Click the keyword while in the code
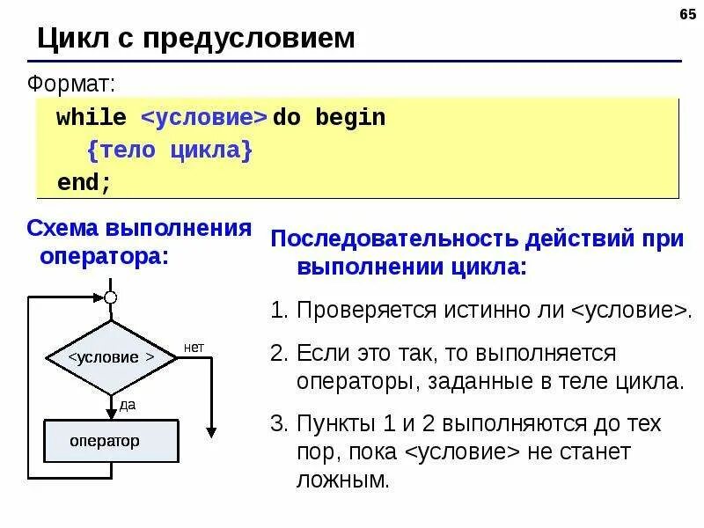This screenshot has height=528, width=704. point(92,118)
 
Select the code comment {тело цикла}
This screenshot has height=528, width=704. point(170,150)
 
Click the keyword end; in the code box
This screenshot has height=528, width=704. point(84,183)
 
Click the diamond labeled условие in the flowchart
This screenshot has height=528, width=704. point(111,357)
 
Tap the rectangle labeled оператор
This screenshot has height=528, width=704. point(111,441)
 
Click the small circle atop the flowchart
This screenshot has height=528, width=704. point(111,297)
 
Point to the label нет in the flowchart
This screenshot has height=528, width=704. point(194,348)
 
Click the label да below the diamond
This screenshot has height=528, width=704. point(128,404)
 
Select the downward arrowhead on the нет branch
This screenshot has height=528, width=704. point(211,430)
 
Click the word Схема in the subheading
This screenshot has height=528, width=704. point(62,229)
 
